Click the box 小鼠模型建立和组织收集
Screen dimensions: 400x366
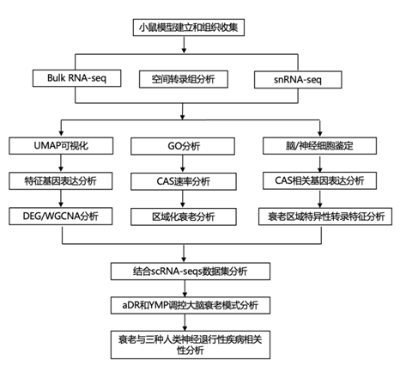click(189, 27)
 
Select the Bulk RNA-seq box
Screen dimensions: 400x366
click(76, 78)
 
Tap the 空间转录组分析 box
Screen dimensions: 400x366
click(184, 79)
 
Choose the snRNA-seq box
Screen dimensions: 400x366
click(298, 80)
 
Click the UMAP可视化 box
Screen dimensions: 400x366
click(61, 146)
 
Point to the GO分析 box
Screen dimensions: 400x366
click(183, 146)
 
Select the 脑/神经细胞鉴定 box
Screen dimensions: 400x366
click(319, 146)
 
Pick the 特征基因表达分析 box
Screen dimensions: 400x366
click(61, 180)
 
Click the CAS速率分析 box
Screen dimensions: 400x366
click(184, 181)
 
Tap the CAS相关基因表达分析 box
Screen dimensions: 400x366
click(319, 180)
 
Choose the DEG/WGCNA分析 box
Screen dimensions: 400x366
click(61, 217)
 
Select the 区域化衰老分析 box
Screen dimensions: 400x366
click(184, 217)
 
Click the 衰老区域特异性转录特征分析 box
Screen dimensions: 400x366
click(325, 217)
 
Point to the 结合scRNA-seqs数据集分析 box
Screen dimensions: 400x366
click(191, 271)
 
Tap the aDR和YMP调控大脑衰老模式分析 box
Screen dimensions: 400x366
click(191, 305)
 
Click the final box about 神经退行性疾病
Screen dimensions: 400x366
click(191, 345)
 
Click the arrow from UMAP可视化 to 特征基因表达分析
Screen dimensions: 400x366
click(61, 163)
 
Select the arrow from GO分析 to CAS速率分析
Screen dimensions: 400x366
click(183, 164)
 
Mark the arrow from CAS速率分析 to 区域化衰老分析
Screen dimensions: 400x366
click(183, 199)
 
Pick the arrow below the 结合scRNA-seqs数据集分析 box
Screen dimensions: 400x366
click(185, 289)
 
